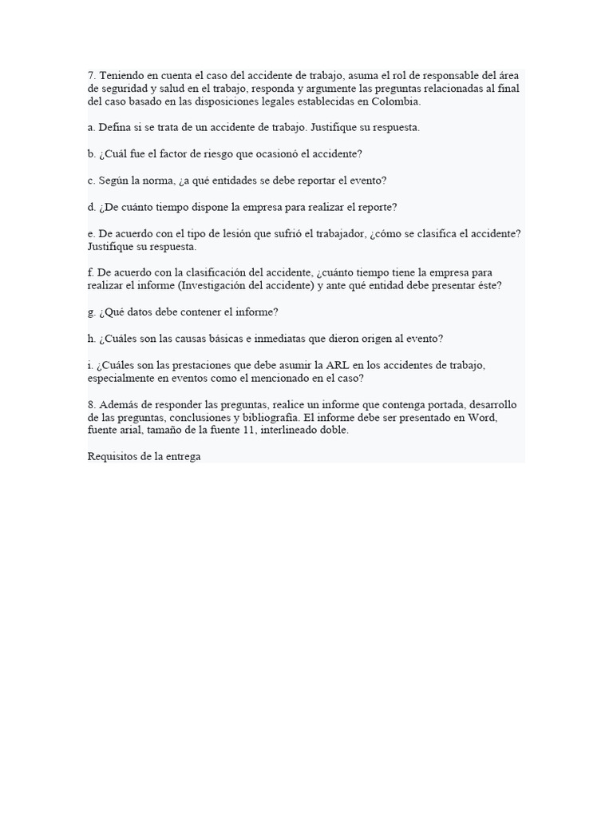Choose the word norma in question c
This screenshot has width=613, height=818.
158,181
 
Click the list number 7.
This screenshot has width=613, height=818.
92,76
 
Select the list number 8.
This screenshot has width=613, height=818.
92,404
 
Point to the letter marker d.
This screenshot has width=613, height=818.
92,207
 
